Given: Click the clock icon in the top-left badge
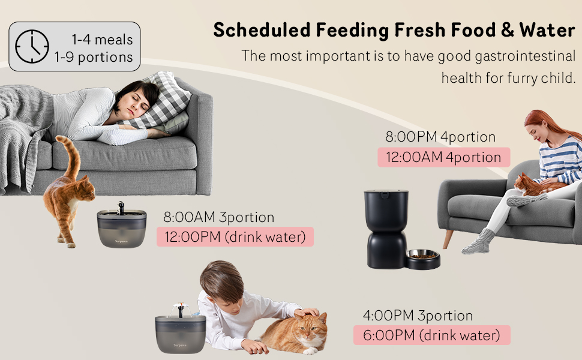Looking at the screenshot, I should [32, 47].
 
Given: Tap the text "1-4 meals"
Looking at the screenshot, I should [103, 40].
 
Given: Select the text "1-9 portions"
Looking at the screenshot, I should [93, 58].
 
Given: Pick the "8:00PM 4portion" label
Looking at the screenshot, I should [440, 137].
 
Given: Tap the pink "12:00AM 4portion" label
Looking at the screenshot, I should [443, 157].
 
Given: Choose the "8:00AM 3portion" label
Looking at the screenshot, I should [218, 217].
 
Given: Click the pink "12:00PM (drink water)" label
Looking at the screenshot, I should [235, 237].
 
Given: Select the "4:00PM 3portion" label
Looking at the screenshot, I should [418, 315].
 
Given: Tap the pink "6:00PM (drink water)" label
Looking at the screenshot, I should [432, 335].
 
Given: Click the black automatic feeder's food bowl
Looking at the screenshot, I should [423, 259].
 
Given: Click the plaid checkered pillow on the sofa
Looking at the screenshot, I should [163, 99].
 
